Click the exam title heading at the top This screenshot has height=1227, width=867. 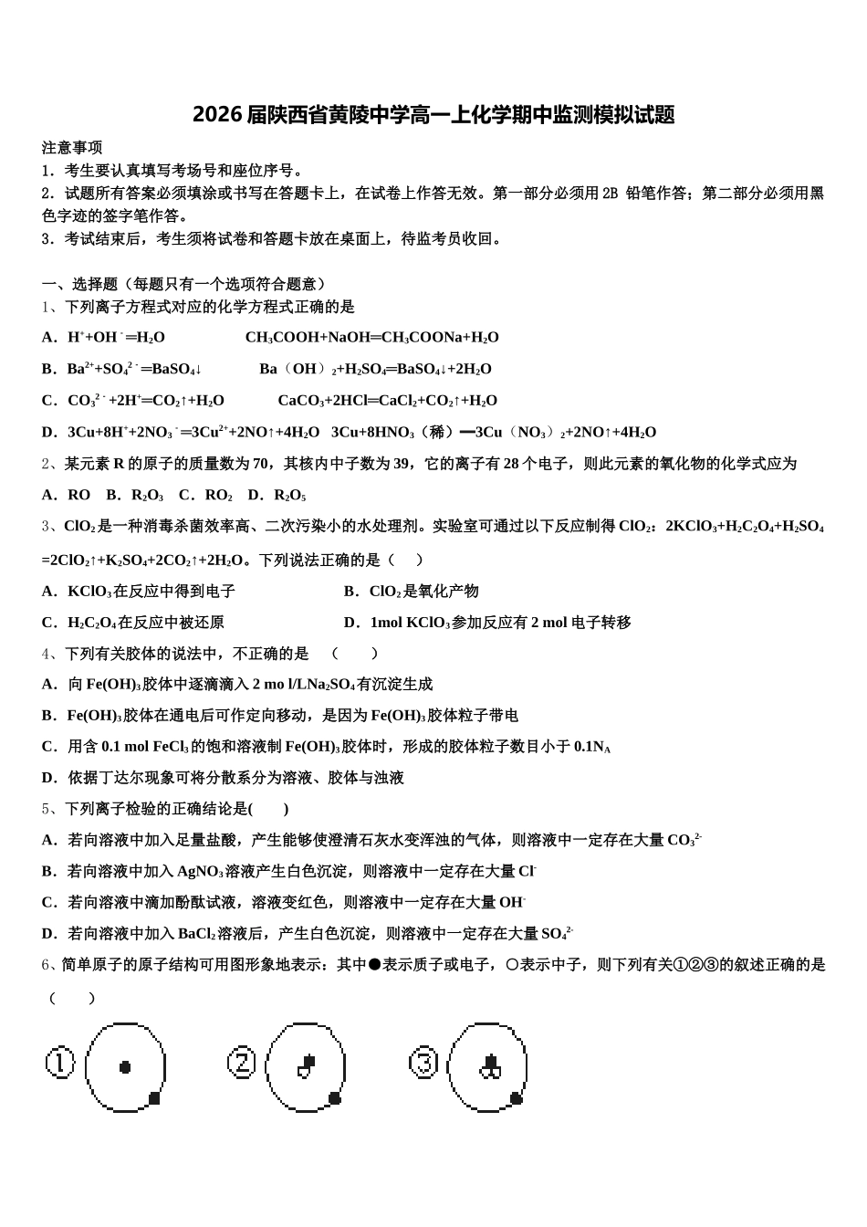click(x=433, y=115)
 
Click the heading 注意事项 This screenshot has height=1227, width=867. click(x=72, y=147)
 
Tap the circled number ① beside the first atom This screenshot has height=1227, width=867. click(x=59, y=1064)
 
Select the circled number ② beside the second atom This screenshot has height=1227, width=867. click(x=241, y=1063)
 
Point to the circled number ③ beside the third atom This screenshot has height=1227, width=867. click(x=423, y=1063)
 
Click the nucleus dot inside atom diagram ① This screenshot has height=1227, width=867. click(x=125, y=1066)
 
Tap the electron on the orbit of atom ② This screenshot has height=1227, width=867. click(x=335, y=1097)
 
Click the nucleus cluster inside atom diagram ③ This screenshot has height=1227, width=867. click(x=490, y=1066)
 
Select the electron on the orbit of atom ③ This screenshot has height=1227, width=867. click(x=517, y=1097)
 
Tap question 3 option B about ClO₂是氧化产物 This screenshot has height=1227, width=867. click(x=412, y=592)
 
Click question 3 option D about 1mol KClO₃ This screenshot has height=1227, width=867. click(x=487, y=623)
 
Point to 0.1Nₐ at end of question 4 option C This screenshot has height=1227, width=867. click(x=592, y=747)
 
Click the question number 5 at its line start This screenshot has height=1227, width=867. click(x=47, y=809)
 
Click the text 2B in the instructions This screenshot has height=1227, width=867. click(x=611, y=193)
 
